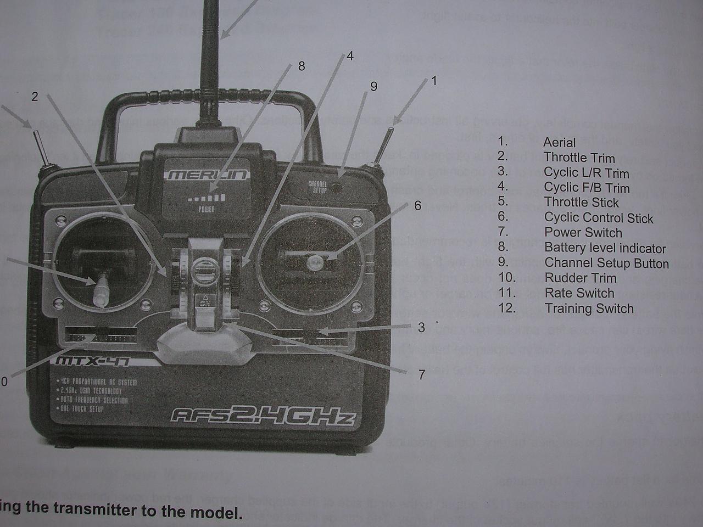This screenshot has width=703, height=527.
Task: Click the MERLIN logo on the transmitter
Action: click(x=207, y=175)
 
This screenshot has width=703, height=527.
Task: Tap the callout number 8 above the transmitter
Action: click(x=301, y=66)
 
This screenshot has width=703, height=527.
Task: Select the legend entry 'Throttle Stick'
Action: click(x=581, y=203)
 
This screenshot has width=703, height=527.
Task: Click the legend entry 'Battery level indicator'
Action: click(x=605, y=248)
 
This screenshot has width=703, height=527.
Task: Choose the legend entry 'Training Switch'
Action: click(x=589, y=309)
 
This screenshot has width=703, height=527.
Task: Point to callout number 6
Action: click(x=417, y=205)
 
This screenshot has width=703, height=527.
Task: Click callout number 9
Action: click(x=374, y=86)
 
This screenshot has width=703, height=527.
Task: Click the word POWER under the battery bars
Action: click(x=207, y=209)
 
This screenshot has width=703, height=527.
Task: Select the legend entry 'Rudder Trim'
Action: click(x=580, y=278)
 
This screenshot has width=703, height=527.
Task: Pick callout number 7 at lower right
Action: click(x=421, y=375)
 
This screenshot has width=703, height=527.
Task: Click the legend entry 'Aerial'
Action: click(x=559, y=143)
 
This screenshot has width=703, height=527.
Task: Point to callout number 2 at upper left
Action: click(x=35, y=97)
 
